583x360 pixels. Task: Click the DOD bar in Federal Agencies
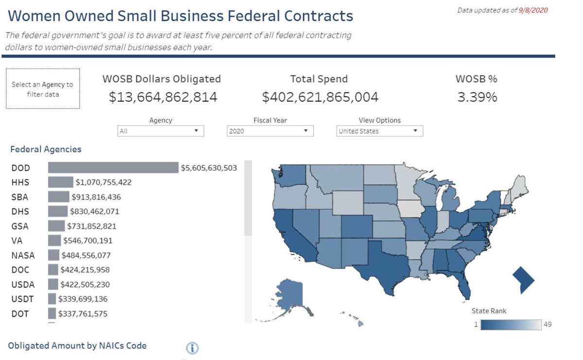(113, 168)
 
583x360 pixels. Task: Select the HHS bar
(60, 182)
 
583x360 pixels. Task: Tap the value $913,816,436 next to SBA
(96, 197)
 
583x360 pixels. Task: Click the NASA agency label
(23, 255)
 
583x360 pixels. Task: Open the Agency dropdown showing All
(160, 131)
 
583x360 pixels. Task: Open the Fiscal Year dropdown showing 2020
(270, 131)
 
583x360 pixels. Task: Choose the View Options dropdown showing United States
(379, 131)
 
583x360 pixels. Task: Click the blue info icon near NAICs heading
(193, 348)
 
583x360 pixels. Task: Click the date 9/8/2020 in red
(533, 10)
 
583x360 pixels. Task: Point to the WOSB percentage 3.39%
(477, 97)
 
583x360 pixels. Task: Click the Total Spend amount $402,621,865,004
(320, 97)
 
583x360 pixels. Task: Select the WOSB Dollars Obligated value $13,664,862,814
(163, 97)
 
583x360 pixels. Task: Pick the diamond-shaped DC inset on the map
(523, 280)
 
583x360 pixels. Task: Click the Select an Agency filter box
(43, 89)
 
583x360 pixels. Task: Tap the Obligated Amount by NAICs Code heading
(77, 346)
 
